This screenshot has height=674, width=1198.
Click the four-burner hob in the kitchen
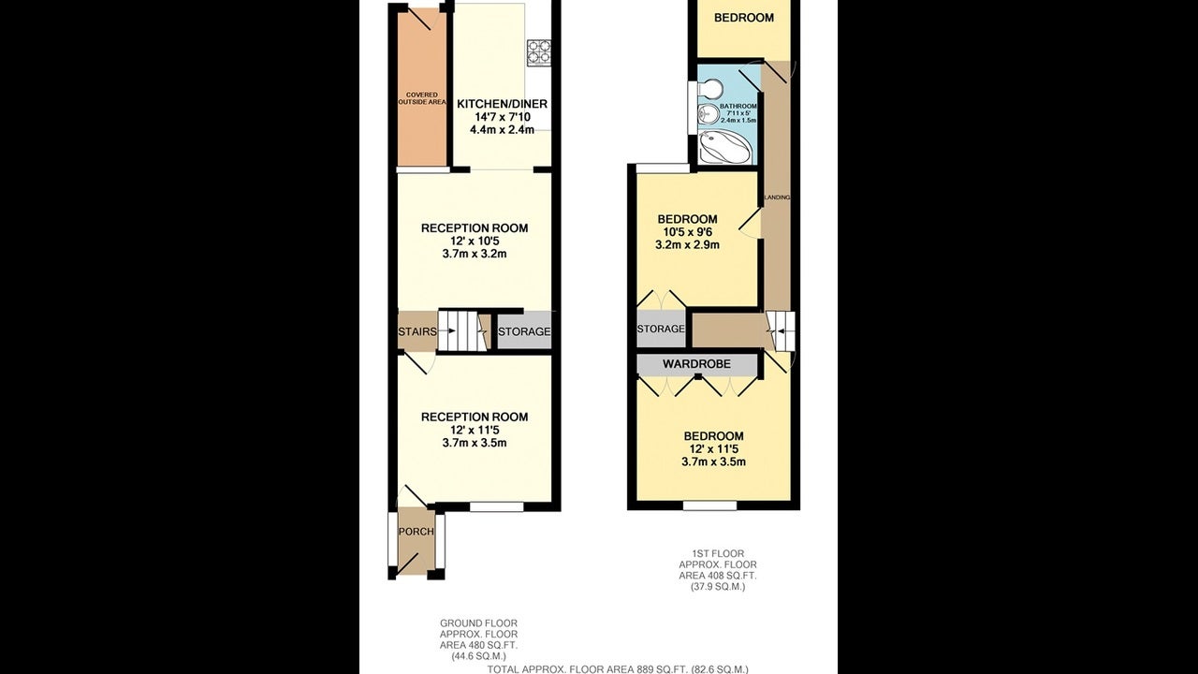539,52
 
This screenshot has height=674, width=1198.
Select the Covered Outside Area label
422,98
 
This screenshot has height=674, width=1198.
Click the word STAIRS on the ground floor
417,331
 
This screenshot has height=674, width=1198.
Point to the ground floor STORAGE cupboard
524,331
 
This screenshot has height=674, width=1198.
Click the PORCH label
416,532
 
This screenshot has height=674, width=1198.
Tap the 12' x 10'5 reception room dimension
475,241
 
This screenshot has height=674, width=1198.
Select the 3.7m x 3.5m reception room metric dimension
475,443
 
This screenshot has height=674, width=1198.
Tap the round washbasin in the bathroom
707,113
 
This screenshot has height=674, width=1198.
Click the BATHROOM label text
738,107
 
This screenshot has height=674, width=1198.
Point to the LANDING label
777,198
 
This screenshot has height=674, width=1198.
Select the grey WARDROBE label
696,364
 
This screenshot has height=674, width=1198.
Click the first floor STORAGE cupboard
661,329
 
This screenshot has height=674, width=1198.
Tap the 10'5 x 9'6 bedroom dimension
687,232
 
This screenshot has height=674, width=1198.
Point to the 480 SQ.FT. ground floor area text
478,645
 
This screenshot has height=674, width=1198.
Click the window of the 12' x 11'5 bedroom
709,505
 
